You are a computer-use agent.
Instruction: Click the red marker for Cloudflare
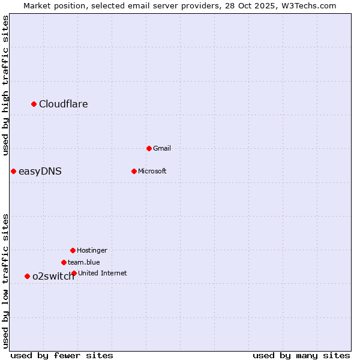[x=34, y=104]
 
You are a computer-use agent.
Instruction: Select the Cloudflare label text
[x=64, y=104]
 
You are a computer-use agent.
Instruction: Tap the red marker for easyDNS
[x=13, y=172]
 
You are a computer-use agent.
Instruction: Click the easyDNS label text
[x=40, y=172]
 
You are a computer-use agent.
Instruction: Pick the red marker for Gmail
[x=149, y=148]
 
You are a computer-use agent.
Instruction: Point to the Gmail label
[x=162, y=148]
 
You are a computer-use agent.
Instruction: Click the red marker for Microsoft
[x=134, y=171]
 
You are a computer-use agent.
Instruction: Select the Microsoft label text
[x=152, y=171]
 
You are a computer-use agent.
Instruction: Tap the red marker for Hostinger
[x=73, y=250]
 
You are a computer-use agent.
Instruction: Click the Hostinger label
[x=92, y=250]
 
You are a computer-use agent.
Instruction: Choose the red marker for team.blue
[x=64, y=262]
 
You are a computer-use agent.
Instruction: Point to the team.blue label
[x=84, y=262]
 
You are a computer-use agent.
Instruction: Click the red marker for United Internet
[x=74, y=273]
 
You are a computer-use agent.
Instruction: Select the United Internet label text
[x=103, y=273]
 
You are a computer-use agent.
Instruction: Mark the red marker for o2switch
[x=27, y=276]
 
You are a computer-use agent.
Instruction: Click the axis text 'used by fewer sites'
[x=62, y=355]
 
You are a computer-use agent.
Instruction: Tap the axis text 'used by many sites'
[x=301, y=355]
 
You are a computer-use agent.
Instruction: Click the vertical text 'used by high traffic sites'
[x=5, y=85]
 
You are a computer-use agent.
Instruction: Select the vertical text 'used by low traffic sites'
[x=5, y=281]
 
